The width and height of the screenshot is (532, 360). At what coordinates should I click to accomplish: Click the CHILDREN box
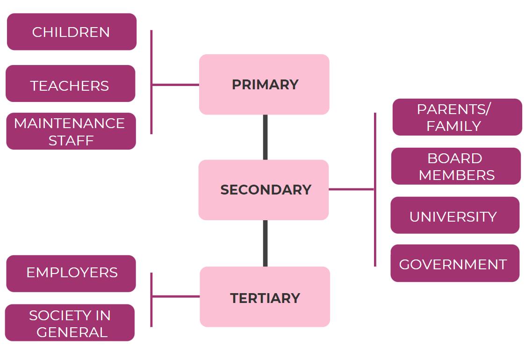(72, 32)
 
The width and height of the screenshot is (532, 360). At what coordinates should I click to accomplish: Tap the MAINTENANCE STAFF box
(71, 131)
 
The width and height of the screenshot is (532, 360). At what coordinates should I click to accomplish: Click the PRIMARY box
(264, 85)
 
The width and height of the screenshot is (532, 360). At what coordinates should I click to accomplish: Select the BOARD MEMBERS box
(456, 166)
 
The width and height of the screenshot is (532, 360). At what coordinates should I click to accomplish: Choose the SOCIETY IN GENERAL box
(70, 323)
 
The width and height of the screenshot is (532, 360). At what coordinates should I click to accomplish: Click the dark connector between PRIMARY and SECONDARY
(266, 137)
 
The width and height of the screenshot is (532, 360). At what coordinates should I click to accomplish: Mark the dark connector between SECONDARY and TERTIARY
(266, 243)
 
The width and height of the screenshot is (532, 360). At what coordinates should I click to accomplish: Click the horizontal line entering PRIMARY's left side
(175, 85)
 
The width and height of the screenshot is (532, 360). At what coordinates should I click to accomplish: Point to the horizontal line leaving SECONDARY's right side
(352, 189)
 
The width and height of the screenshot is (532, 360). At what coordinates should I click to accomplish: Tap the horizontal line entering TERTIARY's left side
(176, 296)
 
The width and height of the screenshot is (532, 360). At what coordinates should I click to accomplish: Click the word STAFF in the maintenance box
(71, 140)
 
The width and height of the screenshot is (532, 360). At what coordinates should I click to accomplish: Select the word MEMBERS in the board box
(456, 175)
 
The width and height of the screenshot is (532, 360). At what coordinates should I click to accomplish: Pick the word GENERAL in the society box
(72, 332)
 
